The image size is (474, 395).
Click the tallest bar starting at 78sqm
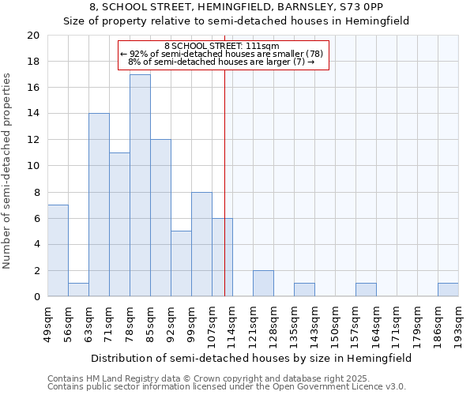click(x=140, y=186)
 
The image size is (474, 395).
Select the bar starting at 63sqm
click(x=99, y=205)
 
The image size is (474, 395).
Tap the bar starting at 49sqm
click(x=58, y=250)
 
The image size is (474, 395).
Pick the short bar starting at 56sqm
click(x=78, y=290)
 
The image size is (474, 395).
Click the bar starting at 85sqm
click(x=160, y=218)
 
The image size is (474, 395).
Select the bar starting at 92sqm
click(x=181, y=264)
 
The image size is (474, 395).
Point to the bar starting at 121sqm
click(x=263, y=284)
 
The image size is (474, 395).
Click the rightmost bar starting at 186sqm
click(x=448, y=290)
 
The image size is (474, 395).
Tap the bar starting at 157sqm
click(x=366, y=290)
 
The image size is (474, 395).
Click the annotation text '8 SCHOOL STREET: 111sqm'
click(x=222, y=47)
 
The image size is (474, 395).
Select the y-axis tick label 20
click(x=32, y=36)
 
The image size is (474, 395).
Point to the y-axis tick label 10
click(x=32, y=166)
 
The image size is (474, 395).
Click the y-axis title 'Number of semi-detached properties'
click(x=8, y=171)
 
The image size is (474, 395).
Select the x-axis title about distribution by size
click(x=251, y=358)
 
